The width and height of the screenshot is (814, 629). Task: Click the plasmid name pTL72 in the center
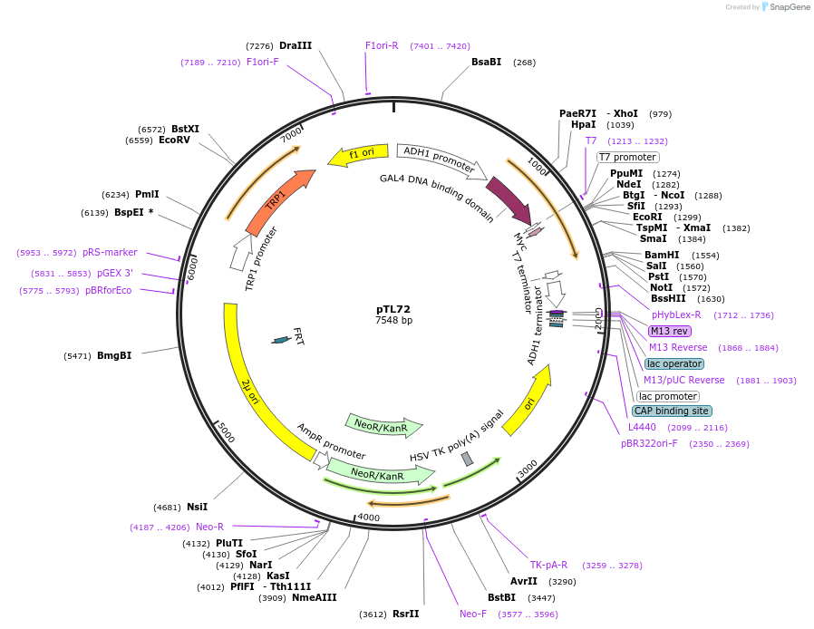pyautogui.click(x=393, y=309)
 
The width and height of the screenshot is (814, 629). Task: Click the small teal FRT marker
pyautogui.click(x=282, y=340)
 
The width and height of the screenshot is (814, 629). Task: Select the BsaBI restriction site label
pyautogui.click(x=486, y=62)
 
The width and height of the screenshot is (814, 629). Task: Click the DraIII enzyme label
pyautogui.click(x=296, y=45)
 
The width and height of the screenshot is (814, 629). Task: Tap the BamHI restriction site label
pyautogui.click(x=662, y=256)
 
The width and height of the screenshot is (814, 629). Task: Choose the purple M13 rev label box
pyautogui.click(x=670, y=331)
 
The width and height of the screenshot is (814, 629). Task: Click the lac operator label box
pyautogui.click(x=674, y=363)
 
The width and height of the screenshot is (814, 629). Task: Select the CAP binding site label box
pyautogui.click(x=672, y=411)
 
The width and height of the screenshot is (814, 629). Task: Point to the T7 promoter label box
pyautogui.click(x=627, y=157)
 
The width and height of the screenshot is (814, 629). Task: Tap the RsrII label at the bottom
pyautogui.click(x=405, y=614)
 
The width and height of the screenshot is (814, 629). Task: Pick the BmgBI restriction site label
pyautogui.click(x=114, y=356)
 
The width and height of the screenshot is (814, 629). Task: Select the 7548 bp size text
pyautogui.click(x=393, y=321)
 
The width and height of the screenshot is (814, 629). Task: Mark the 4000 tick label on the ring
pyautogui.click(x=368, y=518)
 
